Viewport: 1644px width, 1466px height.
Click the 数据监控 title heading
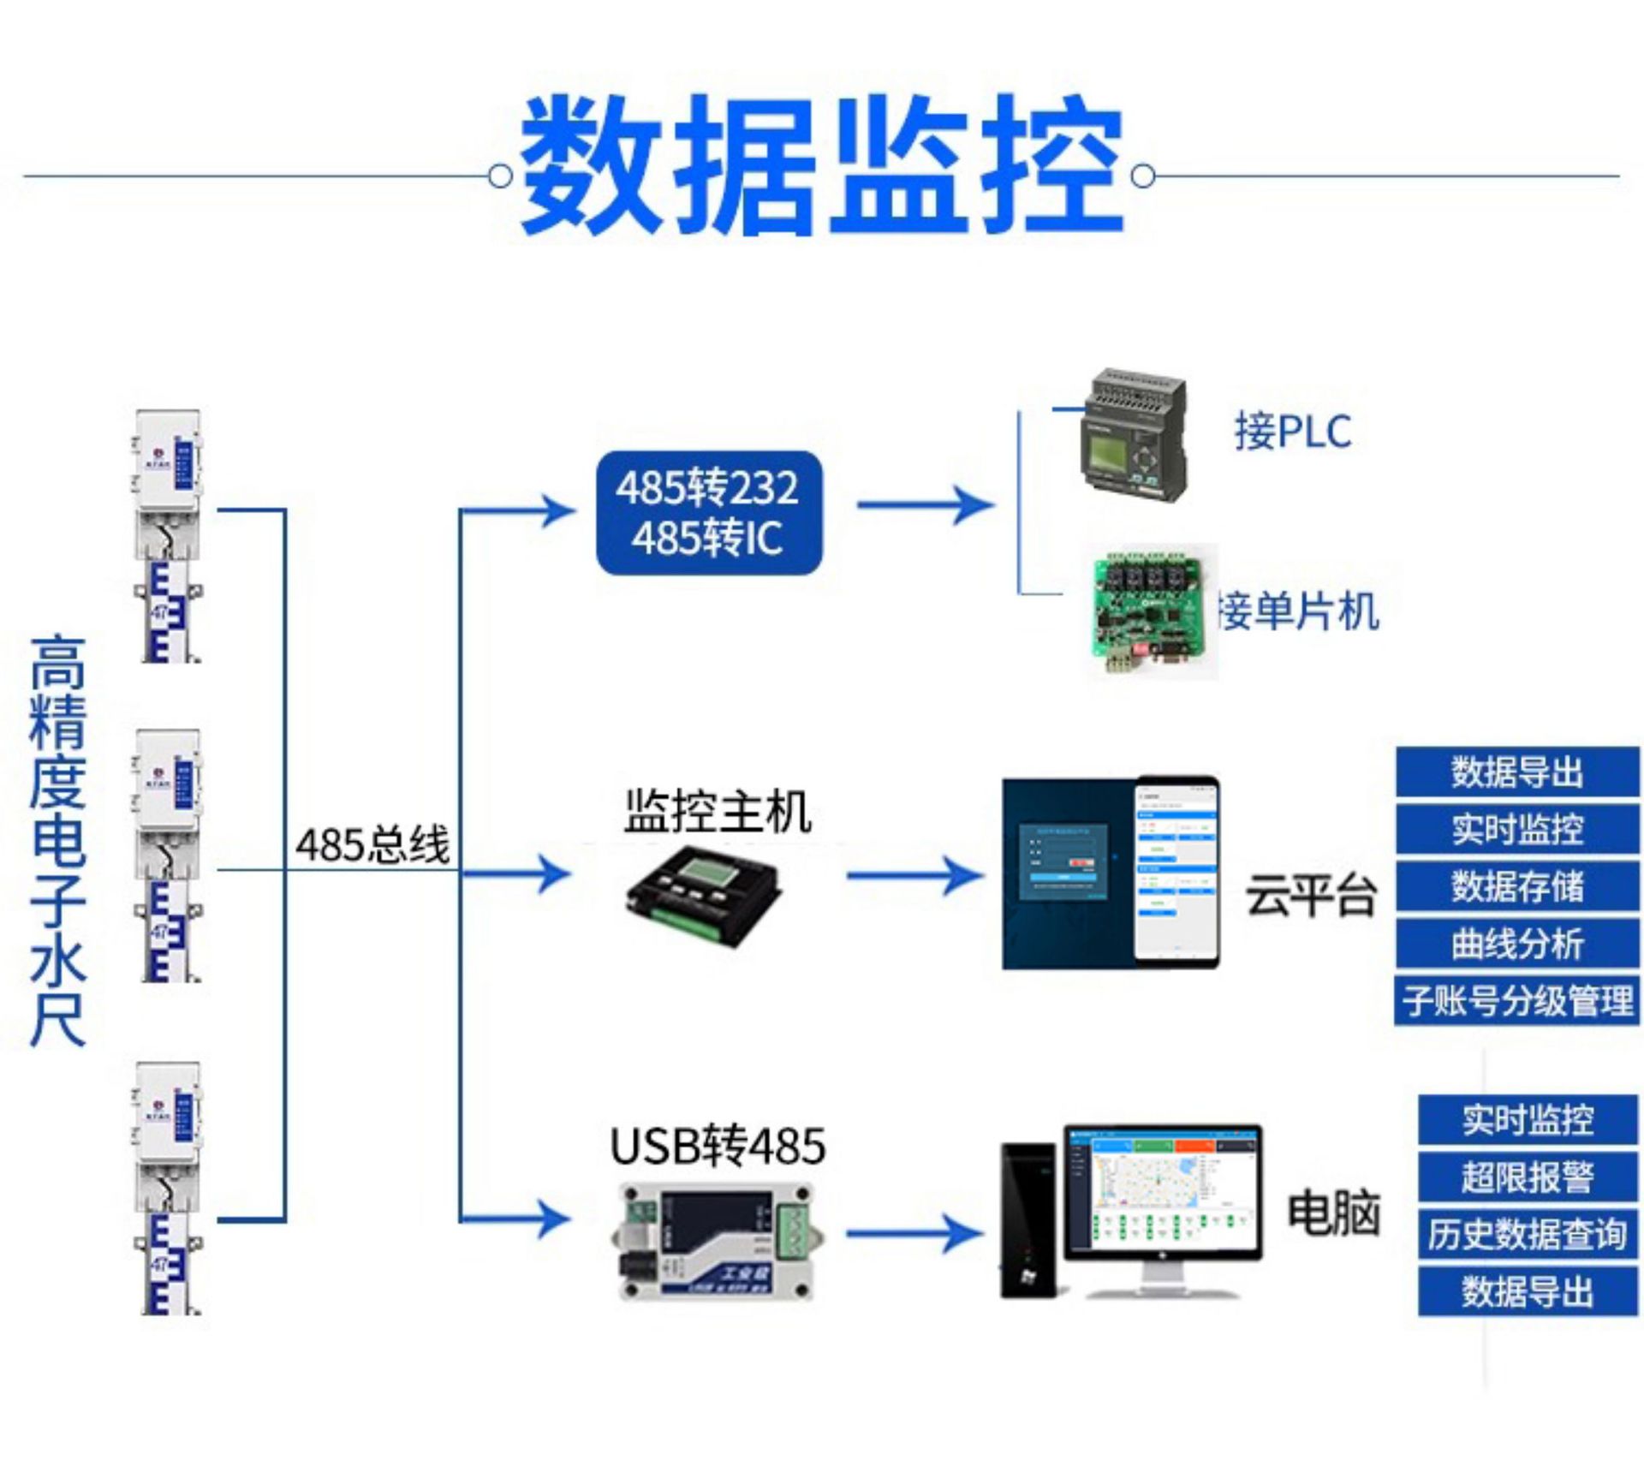click(x=820, y=167)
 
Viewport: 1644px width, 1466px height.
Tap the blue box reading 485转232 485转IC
click(x=709, y=513)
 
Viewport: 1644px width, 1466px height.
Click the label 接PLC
click(x=1292, y=432)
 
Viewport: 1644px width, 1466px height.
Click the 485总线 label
click(x=372, y=845)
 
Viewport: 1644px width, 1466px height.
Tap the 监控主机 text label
click(x=718, y=811)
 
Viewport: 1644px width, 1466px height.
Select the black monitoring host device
click(x=705, y=895)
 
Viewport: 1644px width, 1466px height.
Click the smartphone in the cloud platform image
click(x=1176, y=871)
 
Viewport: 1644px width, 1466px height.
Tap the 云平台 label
click(x=1310, y=897)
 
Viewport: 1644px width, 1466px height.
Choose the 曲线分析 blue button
click(x=1517, y=944)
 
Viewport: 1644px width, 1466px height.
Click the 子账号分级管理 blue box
click(x=1517, y=1000)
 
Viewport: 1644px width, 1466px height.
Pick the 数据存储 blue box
click(x=1517, y=886)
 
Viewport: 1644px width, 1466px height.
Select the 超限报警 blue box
click(x=1528, y=1177)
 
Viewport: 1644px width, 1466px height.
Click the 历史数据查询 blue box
click(x=1528, y=1234)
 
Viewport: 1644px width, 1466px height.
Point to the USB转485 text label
click(x=718, y=1146)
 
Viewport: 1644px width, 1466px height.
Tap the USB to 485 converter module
click(x=716, y=1243)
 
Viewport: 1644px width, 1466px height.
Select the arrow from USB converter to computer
click(x=914, y=1234)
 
